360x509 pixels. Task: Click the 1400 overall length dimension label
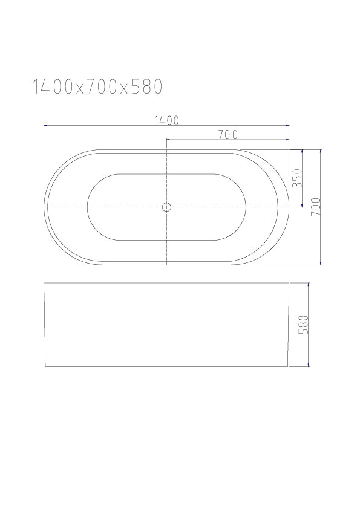pyautogui.click(x=166, y=120)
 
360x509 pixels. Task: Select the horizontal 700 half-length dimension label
pyautogui.click(x=227, y=135)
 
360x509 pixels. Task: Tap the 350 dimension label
pyautogui.click(x=297, y=178)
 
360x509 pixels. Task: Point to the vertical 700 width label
pyautogui.click(x=316, y=207)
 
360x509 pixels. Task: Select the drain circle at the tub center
pyautogui.click(x=166, y=207)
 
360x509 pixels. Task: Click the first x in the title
pyautogui.click(x=79, y=89)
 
